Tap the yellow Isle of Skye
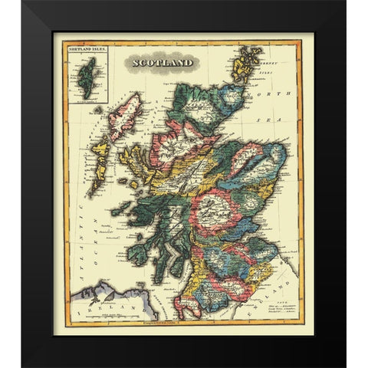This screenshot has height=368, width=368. click(x=138, y=160)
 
